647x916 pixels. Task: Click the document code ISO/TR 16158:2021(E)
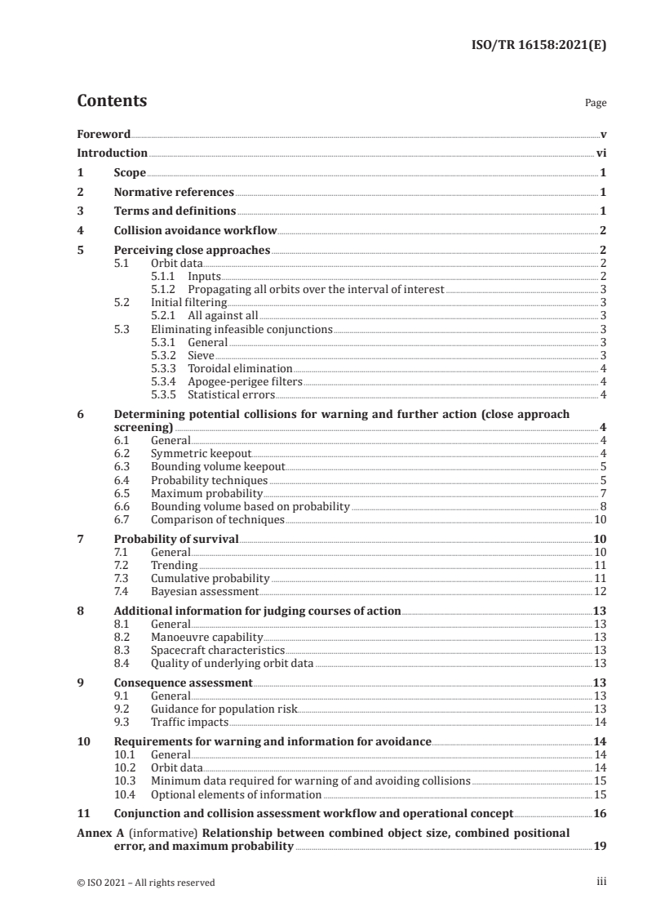pos(540,46)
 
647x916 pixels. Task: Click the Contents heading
pos(112,101)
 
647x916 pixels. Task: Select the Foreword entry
pos(104,133)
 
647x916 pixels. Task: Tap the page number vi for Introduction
pos(600,153)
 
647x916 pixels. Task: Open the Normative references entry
pos(174,192)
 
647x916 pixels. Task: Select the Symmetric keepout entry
pos(202,453)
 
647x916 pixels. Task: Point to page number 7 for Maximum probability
pos(602,493)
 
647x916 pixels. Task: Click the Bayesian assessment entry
pos(205,591)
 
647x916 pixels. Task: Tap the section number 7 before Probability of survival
pos(80,538)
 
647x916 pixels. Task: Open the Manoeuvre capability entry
pos(207,637)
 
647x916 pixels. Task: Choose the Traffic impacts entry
pos(190,722)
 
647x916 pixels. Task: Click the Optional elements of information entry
pos(236,794)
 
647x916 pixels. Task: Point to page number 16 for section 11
pos(599,813)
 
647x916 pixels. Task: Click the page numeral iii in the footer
pos(601,882)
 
